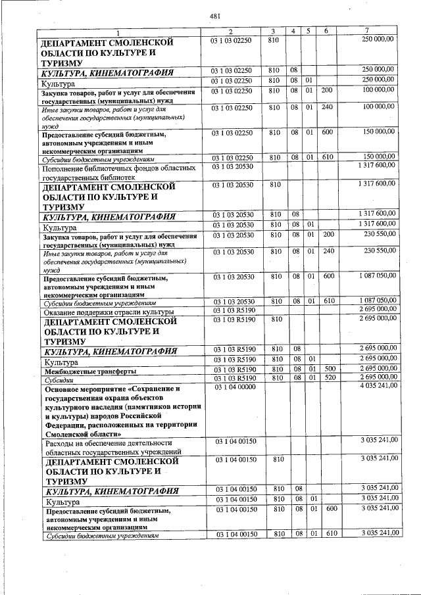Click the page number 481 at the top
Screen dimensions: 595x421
pos(214,16)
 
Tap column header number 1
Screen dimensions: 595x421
pos(118,32)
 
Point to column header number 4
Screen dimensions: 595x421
pos(293,32)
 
